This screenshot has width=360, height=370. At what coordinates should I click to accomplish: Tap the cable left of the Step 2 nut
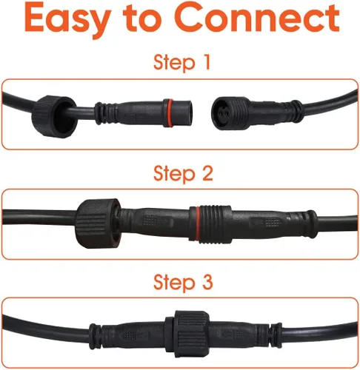point(37,217)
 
